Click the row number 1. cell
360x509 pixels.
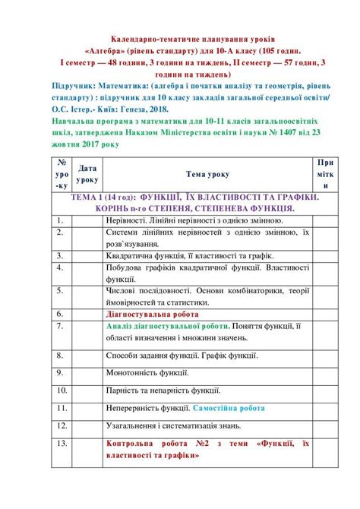(60, 220)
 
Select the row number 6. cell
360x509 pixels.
(60, 312)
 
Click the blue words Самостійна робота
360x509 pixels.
(229, 408)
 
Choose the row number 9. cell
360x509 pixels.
(60, 371)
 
